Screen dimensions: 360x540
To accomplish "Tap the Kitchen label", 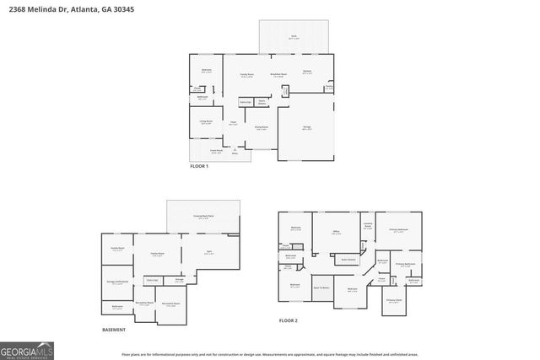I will click(307, 73).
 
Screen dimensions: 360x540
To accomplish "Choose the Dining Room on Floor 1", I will click(262, 128).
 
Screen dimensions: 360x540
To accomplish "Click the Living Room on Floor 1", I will click(206, 122).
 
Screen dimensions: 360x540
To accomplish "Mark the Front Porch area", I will click(216, 152).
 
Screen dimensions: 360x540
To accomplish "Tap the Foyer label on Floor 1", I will click(233, 124).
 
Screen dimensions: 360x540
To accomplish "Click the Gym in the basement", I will click(210, 252).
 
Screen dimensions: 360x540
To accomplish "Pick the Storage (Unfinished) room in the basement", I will click(117, 282).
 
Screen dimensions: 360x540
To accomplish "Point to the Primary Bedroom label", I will click(398, 230).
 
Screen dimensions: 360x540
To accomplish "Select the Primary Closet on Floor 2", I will click(393, 300).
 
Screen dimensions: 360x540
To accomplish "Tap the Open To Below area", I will click(322, 287).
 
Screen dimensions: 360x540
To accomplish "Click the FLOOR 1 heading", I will click(199, 167).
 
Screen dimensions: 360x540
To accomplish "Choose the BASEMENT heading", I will click(114, 330).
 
